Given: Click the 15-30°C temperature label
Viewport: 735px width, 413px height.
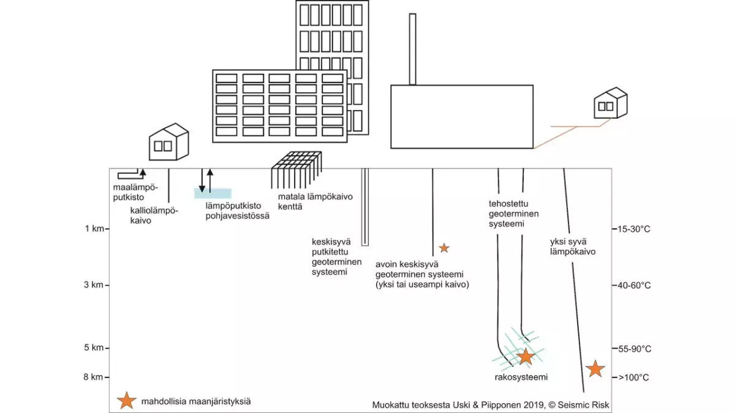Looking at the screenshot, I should (x=635, y=229).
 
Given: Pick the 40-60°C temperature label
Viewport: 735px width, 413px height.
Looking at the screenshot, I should (x=635, y=285).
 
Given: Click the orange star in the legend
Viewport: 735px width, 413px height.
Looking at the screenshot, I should (x=126, y=401).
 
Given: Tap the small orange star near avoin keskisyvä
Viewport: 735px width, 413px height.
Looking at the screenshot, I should (x=444, y=248).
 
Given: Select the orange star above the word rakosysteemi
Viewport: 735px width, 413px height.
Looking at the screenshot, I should (x=526, y=356).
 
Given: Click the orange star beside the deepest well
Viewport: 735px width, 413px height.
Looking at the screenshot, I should (x=595, y=368).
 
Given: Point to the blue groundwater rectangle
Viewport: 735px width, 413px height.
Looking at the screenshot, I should (x=213, y=193).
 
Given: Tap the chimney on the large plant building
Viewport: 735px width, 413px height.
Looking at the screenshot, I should (x=412, y=49).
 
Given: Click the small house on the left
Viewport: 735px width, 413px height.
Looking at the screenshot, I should (x=168, y=143).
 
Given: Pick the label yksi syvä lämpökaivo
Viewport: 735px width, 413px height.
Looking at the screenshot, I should (x=573, y=246).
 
